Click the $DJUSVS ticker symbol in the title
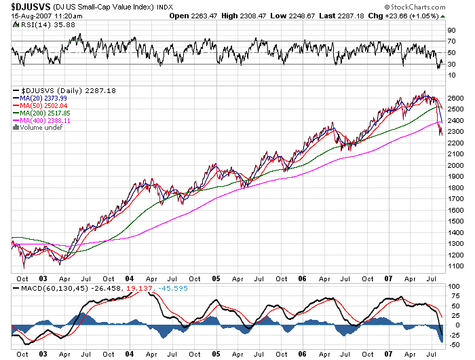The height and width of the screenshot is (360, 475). tap(28, 5)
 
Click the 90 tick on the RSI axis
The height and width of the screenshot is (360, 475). tap(450, 31)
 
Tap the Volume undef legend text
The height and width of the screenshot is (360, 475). tap(41, 128)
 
